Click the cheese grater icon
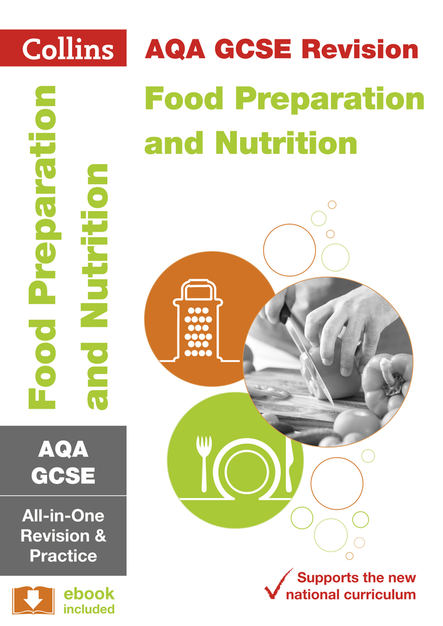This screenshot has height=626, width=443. pos(198,321)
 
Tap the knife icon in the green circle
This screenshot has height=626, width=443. pos(289,463)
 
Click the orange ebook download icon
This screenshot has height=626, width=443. pos(31,600)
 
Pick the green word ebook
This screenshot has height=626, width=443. pos(88,593)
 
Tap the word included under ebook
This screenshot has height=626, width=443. pos(88,609)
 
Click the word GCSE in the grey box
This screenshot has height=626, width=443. pos(63,476)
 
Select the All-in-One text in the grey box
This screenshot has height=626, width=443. pos(63,516)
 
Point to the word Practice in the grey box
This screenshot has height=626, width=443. pos(63,555)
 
